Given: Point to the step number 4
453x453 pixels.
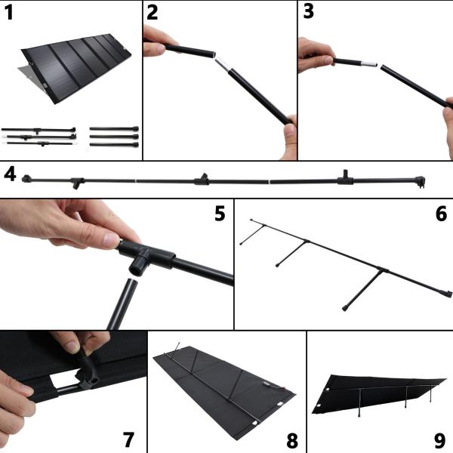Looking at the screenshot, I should (10, 173).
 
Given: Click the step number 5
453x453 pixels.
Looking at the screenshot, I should (220, 213).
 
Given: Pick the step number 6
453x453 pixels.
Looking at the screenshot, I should (441, 213).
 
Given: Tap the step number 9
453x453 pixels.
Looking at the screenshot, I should (441, 439).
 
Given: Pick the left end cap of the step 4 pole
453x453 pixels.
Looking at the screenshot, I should (26, 178).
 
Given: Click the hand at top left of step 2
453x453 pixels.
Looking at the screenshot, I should (155, 42).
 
